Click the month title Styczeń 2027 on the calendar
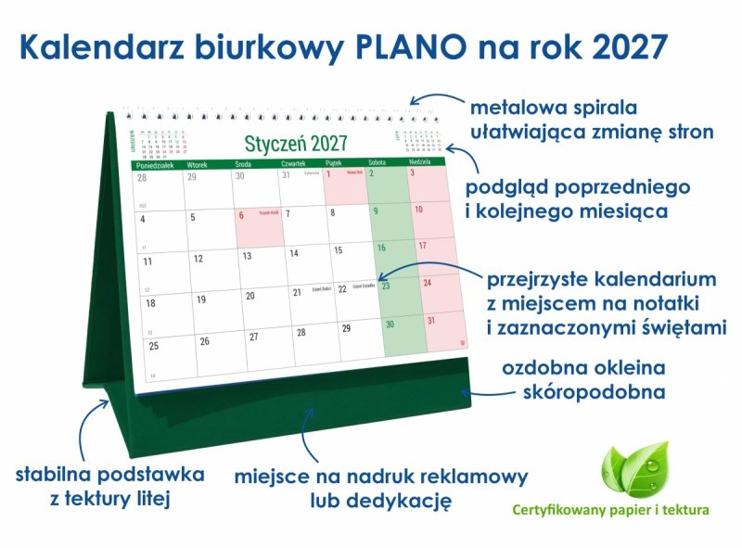tap(296, 144)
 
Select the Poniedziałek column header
tap(156, 163)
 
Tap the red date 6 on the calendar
tap(242, 216)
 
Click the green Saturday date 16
tap(381, 248)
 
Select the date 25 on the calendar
tap(154, 346)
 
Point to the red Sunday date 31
tap(431, 321)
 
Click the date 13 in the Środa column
tap(247, 256)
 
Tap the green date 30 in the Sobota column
tap(390, 324)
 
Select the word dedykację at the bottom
tap(406, 502)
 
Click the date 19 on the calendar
tap(201, 299)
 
